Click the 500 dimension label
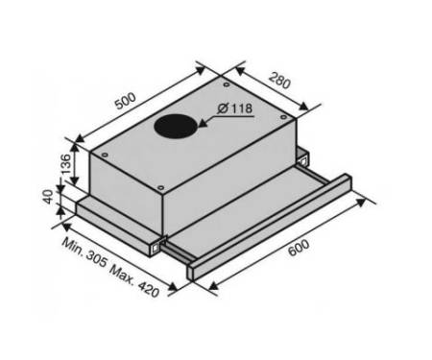[x=126, y=101]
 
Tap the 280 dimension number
[x=279, y=81]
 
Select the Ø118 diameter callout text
[x=235, y=108]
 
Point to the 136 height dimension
[x=65, y=164]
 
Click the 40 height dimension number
[x=48, y=197]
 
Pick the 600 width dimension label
[x=299, y=248]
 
